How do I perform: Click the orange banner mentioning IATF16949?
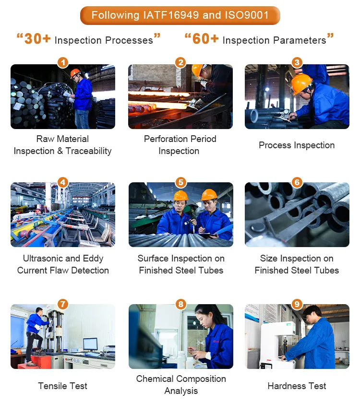click(x=180, y=15)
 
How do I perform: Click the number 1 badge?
click(x=63, y=62)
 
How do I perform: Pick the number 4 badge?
click(x=63, y=182)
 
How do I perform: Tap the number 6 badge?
click(x=297, y=182)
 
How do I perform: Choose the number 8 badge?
click(x=180, y=304)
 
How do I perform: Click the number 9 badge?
click(x=297, y=304)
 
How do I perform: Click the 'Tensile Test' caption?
click(x=63, y=386)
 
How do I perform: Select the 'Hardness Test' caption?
click(x=297, y=386)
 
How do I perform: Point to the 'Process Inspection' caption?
click(x=297, y=145)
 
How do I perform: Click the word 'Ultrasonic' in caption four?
click(x=44, y=259)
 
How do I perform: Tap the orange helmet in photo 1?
click(x=75, y=73)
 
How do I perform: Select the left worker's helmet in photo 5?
click(x=181, y=196)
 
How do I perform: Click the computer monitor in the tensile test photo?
click(x=90, y=344)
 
